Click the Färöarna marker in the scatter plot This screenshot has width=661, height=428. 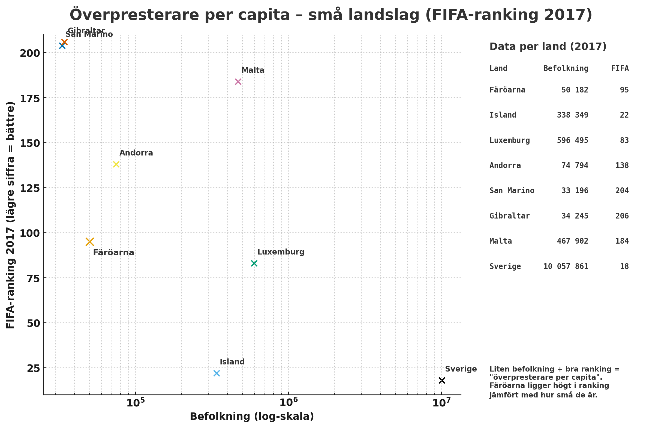(90, 242)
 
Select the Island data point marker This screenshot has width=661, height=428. (217, 373)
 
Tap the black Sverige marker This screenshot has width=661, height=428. (442, 380)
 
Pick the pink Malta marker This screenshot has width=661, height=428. (238, 82)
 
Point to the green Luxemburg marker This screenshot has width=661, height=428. (254, 263)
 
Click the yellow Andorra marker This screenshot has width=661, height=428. (116, 164)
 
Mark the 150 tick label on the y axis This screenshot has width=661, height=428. (29, 143)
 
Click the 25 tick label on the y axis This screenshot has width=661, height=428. (33, 368)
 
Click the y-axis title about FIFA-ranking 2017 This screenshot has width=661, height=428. (11, 215)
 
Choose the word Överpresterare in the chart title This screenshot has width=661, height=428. (134, 15)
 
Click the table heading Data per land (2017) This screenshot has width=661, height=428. (548, 46)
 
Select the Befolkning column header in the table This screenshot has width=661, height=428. (566, 68)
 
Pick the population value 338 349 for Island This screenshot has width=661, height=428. (572, 115)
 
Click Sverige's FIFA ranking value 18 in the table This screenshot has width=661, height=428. (624, 266)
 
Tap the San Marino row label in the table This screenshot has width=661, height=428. (512, 190)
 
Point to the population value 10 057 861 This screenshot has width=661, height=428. (566, 266)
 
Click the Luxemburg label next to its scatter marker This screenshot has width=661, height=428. (281, 252)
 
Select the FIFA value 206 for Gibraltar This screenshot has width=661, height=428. (622, 216)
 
